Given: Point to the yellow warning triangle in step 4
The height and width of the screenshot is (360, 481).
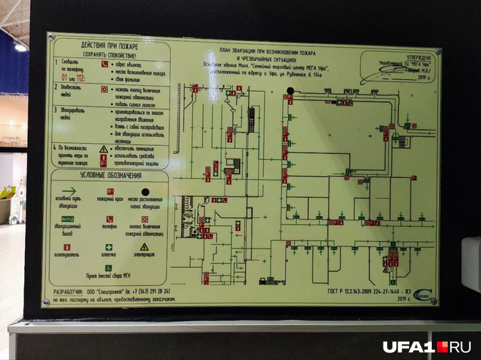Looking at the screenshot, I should click(x=104, y=149).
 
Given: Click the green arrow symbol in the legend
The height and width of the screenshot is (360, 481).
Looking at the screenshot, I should click(x=70, y=191).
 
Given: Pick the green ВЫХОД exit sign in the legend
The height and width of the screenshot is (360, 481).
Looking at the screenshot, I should click(x=67, y=218).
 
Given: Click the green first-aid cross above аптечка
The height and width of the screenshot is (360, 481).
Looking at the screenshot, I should click(x=106, y=247).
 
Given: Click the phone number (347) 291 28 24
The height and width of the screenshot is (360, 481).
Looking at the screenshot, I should click(x=147, y=292).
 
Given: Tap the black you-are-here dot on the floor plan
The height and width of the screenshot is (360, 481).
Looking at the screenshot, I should click(x=290, y=92).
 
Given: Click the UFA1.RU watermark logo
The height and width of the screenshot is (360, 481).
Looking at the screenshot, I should click(x=425, y=345).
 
